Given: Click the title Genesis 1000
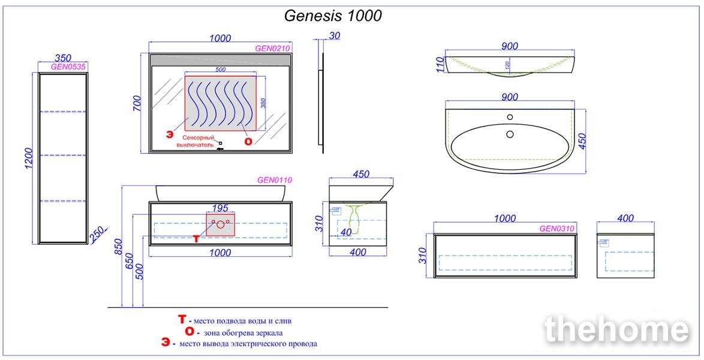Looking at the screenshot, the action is point(333,16).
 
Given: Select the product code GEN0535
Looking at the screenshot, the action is point(68,67).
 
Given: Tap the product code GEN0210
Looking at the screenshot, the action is point(272,49).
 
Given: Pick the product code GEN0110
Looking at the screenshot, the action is point(274,180).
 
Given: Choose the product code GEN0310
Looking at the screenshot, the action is point(556,229).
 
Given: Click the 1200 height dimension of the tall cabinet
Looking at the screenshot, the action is point(29,158).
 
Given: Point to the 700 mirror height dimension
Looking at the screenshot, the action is point(137,103).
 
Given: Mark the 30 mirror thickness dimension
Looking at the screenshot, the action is point(334,36).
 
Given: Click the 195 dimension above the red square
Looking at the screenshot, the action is point(220,208).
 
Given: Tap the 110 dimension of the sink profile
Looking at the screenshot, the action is point(440,64).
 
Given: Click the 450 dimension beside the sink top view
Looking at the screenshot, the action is point(582,141).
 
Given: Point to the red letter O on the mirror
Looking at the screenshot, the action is point(248,142).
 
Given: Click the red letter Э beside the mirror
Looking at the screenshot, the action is point(169,135).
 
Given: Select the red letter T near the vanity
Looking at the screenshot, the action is point(196,239).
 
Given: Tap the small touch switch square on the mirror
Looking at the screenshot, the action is point(221,143).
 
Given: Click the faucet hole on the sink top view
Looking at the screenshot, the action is point(510,118).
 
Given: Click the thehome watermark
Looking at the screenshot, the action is point(617,330).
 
